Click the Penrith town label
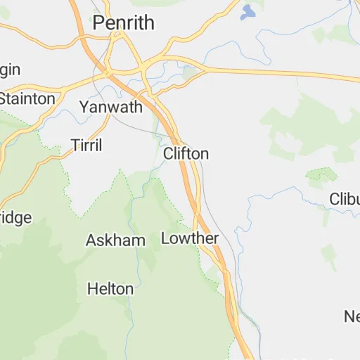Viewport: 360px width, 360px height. [124, 22]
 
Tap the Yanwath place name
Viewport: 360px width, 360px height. [110, 108]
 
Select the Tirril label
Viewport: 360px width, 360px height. [86, 146]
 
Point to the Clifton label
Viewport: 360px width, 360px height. [186, 153]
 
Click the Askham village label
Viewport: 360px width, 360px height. [115, 240]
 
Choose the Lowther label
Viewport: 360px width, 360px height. [190, 238]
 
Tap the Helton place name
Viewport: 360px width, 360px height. [110, 288]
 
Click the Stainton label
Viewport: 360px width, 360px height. [27, 98]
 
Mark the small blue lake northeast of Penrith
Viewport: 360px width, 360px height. [247, 12]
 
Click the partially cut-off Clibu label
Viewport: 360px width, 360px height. [345, 199]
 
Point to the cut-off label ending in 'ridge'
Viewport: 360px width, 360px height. [15, 217]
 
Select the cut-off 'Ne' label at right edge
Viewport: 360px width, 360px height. [352, 316]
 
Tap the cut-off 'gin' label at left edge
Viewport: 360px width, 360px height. [11, 70]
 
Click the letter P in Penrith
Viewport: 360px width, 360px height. [98, 22]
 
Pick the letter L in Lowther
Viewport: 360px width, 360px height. [166, 238]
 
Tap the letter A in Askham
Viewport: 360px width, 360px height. [91, 240]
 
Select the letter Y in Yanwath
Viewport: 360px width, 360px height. [84, 108]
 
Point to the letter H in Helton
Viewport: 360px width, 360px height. [92, 288]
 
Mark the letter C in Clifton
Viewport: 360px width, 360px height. [169, 153]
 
